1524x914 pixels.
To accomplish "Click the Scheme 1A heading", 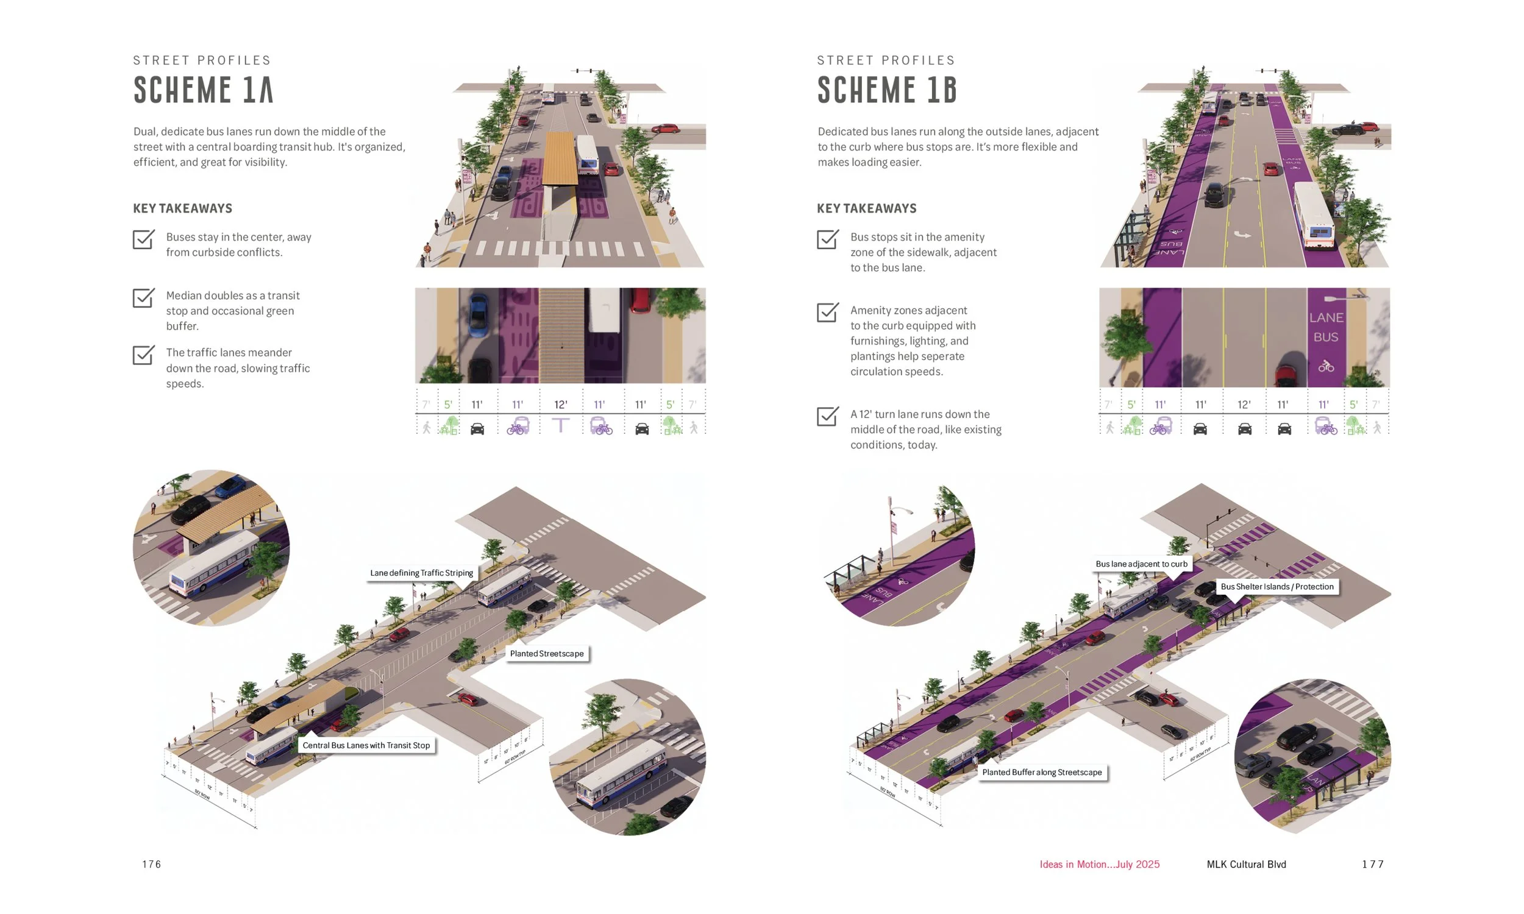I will click(203, 90).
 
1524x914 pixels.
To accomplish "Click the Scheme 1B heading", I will click(887, 90).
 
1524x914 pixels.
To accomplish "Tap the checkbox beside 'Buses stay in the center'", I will click(143, 239).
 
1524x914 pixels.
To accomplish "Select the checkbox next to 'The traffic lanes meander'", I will click(143, 355).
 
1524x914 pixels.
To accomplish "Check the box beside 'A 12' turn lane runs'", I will click(827, 416).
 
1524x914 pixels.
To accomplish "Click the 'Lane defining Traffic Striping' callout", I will click(421, 573).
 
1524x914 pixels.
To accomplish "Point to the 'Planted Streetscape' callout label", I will click(546, 653).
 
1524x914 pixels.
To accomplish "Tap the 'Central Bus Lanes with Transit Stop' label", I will click(366, 745).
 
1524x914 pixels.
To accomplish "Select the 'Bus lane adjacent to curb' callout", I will click(1141, 564).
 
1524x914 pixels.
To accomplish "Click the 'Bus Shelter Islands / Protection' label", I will click(1277, 586).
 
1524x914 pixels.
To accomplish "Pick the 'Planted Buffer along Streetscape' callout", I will click(1042, 773).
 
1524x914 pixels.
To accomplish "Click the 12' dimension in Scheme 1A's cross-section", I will click(560, 405).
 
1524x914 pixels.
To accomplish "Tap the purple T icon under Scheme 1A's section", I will click(560, 425).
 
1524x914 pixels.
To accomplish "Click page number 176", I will click(152, 864).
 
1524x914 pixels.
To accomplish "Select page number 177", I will click(1372, 864).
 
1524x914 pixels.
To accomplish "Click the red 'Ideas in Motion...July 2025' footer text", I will click(1099, 864).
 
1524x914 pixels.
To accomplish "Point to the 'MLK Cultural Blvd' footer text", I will click(1245, 864).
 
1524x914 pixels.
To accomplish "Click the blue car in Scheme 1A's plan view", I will click(477, 315).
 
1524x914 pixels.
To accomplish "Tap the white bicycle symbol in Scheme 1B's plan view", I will click(1326, 366).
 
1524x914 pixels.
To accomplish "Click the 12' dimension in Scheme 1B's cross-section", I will click(1244, 405).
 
